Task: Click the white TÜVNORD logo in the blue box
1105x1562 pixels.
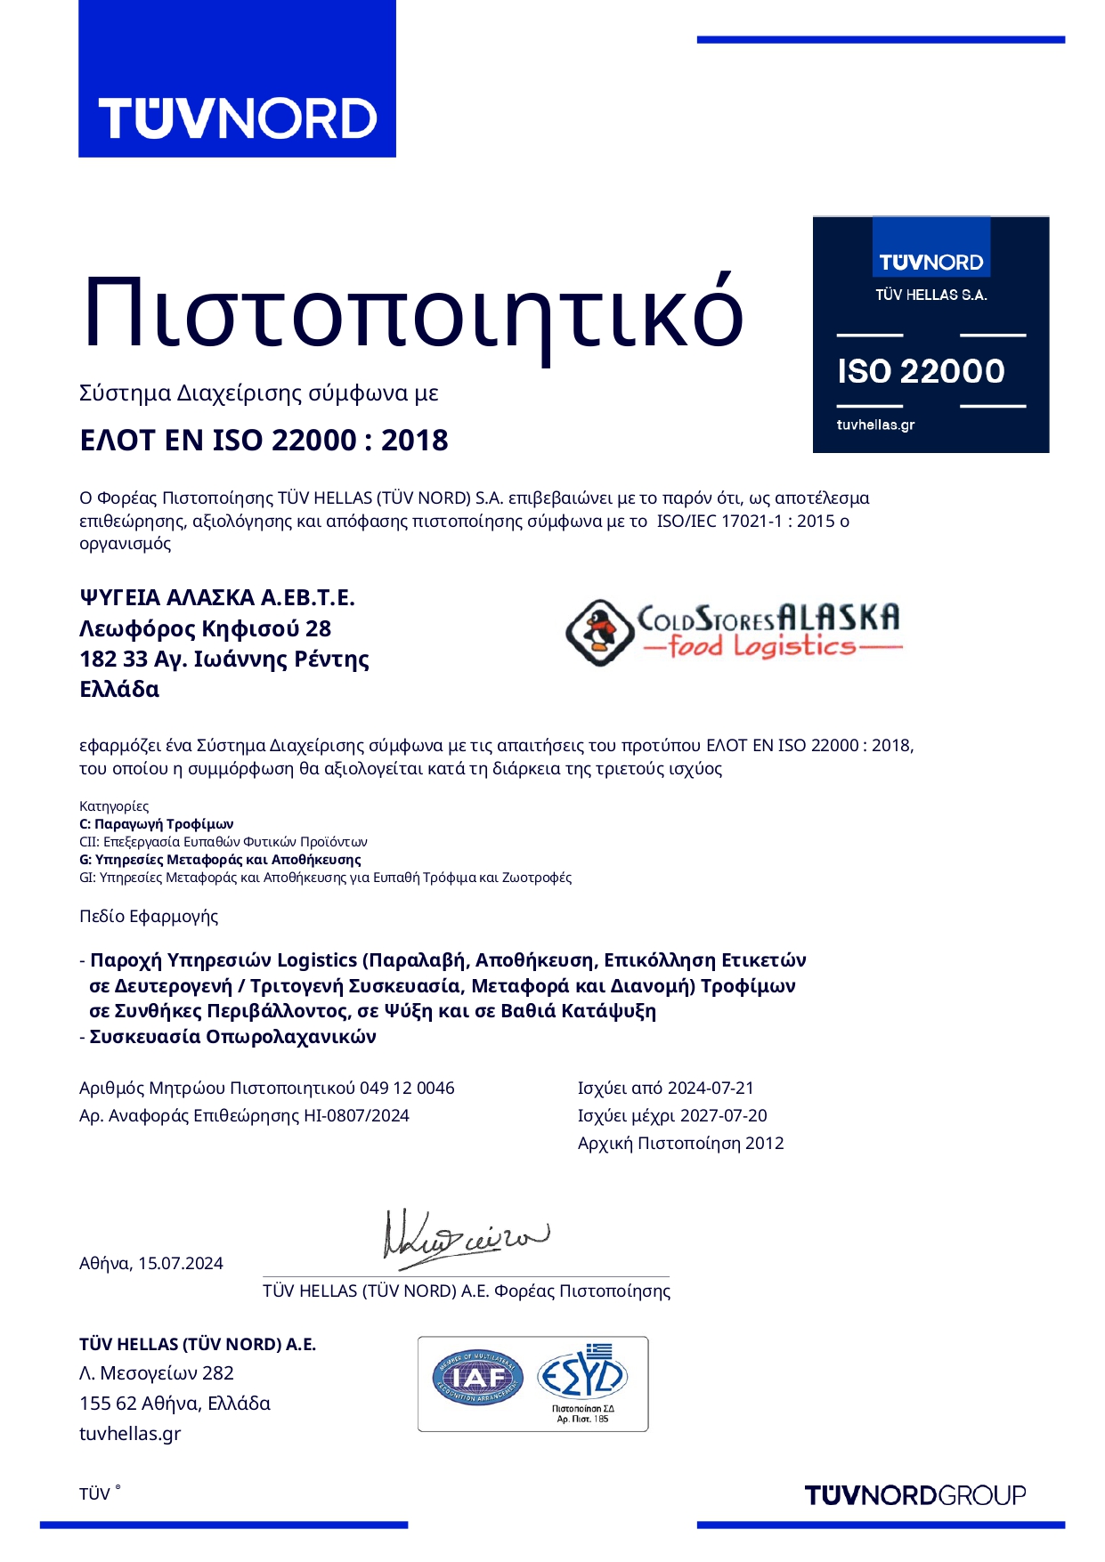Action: point(237,118)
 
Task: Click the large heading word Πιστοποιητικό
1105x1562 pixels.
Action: point(412,313)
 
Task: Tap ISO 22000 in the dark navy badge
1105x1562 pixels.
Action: point(921,371)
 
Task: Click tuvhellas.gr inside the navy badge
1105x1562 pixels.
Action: point(875,425)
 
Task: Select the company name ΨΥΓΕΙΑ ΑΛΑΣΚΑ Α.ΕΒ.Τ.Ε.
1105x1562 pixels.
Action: point(217,597)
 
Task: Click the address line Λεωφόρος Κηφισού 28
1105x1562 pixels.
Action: point(205,628)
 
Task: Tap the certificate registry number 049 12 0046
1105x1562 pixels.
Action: point(407,1088)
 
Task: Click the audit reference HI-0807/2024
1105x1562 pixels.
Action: point(356,1115)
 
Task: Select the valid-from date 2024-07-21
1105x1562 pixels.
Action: point(711,1088)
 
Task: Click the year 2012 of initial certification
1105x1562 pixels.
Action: point(765,1143)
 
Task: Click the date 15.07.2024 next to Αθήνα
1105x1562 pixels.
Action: point(181,1263)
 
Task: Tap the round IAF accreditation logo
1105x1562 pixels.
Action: point(478,1378)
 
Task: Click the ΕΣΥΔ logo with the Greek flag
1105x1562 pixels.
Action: point(582,1376)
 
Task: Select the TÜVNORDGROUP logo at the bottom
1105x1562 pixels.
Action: point(915,1495)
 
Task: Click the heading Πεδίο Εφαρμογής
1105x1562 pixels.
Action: point(149,916)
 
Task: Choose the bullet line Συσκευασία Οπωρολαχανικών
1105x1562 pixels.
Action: point(232,1036)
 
